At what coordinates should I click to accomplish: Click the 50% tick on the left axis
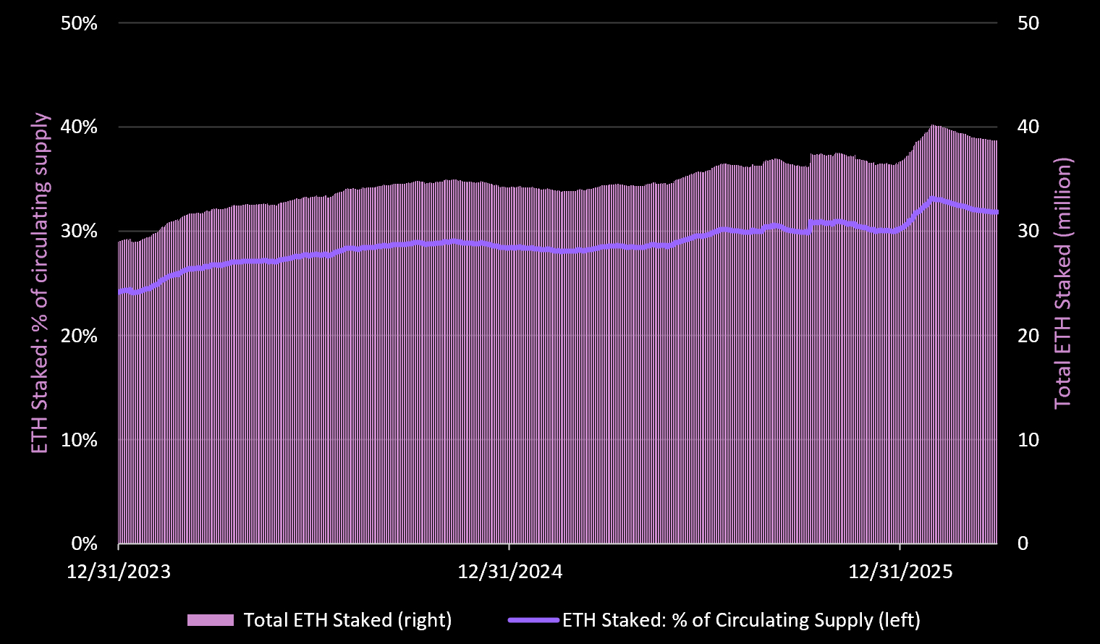(79, 23)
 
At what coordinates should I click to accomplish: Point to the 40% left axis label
(79, 127)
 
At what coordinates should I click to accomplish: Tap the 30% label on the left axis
(79, 232)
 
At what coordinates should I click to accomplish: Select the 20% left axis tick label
(79, 336)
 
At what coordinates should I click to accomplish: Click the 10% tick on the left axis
(79, 440)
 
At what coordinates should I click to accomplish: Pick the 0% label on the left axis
(84, 543)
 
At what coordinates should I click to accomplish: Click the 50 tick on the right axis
(1028, 23)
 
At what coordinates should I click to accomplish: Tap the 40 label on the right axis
(1028, 127)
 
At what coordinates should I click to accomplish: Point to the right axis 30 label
(1028, 232)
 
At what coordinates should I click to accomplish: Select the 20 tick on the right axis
(1028, 336)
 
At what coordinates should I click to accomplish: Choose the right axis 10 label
(1028, 440)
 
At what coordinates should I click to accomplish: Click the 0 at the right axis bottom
(1023, 543)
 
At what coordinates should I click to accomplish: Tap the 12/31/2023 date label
(119, 572)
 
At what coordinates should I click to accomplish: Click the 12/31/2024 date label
(509, 572)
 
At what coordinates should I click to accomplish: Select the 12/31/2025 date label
(900, 572)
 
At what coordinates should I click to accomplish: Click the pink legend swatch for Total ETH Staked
(210, 620)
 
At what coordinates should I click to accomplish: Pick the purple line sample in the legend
(533, 620)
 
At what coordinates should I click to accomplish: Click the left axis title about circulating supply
(41, 283)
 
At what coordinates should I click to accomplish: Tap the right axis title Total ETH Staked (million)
(1062, 283)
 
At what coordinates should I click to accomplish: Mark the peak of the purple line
(934, 198)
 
